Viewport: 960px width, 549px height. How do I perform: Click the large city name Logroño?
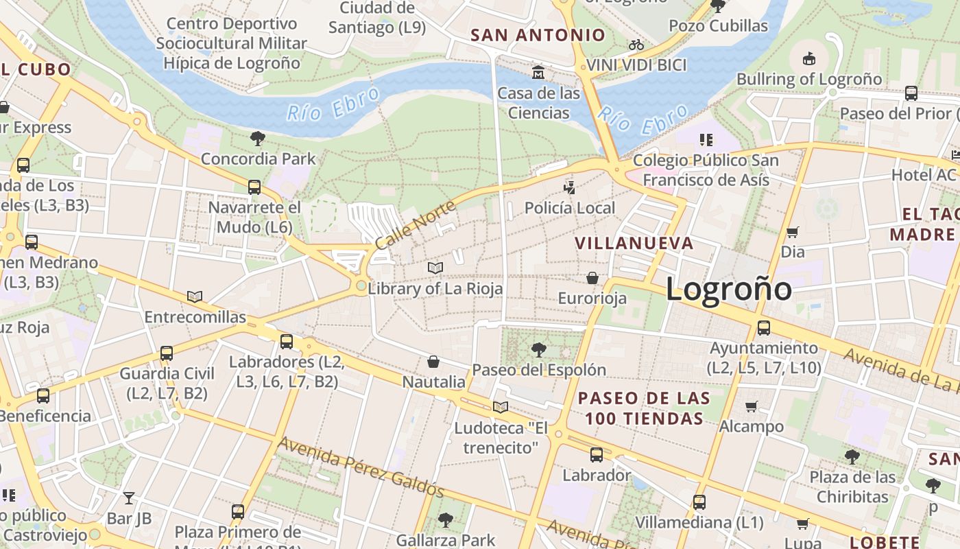point(728,289)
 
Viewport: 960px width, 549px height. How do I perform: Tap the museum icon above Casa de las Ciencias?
point(538,72)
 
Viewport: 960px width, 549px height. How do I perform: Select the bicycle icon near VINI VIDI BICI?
point(636,45)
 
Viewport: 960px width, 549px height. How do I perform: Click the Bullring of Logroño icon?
point(808,58)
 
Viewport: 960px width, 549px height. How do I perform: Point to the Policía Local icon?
point(569,187)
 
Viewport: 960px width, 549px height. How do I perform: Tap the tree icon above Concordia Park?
point(258,139)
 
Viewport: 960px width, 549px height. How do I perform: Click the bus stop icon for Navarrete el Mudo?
point(254,187)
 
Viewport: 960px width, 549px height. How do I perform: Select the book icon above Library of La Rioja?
point(435,268)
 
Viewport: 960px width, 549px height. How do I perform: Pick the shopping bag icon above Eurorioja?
point(592,278)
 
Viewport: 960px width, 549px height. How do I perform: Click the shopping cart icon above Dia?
point(792,232)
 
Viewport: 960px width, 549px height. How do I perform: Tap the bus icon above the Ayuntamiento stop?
point(763,328)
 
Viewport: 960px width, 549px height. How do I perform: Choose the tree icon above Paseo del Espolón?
point(539,350)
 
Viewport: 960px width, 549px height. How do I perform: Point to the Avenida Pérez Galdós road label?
point(361,467)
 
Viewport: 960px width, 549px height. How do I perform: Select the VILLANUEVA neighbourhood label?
point(634,244)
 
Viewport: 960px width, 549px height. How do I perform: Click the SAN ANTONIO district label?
point(538,35)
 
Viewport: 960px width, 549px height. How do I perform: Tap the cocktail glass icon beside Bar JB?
point(129,498)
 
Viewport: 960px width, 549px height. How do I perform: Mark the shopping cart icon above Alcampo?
point(751,406)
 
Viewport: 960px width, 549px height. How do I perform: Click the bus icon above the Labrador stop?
point(596,454)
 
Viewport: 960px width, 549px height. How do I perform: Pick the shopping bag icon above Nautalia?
point(433,362)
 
